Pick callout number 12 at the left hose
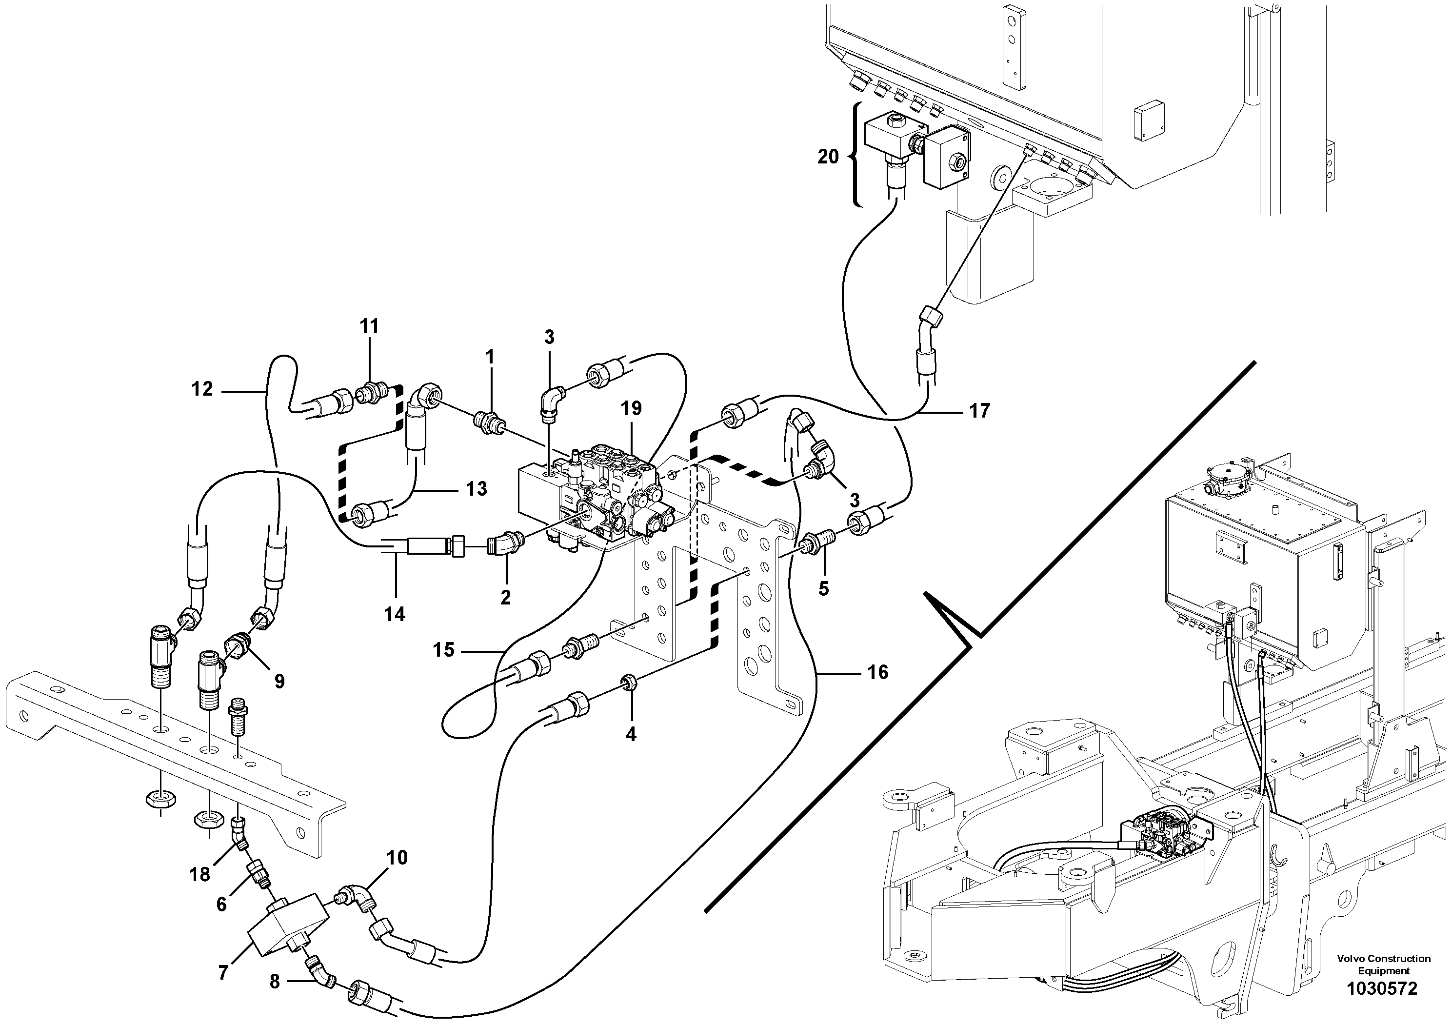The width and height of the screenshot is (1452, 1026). click(202, 388)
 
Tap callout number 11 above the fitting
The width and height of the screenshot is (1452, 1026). click(369, 326)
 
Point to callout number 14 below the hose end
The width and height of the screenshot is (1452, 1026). click(395, 614)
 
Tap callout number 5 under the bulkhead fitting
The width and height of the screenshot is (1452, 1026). click(823, 589)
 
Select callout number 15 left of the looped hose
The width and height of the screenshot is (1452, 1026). click(443, 650)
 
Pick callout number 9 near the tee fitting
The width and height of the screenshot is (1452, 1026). click(279, 681)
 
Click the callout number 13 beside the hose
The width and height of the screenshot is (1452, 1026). click(477, 489)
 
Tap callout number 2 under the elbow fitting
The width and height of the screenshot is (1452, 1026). click(505, 597)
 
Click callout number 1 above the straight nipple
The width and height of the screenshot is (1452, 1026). click(490, 358)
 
